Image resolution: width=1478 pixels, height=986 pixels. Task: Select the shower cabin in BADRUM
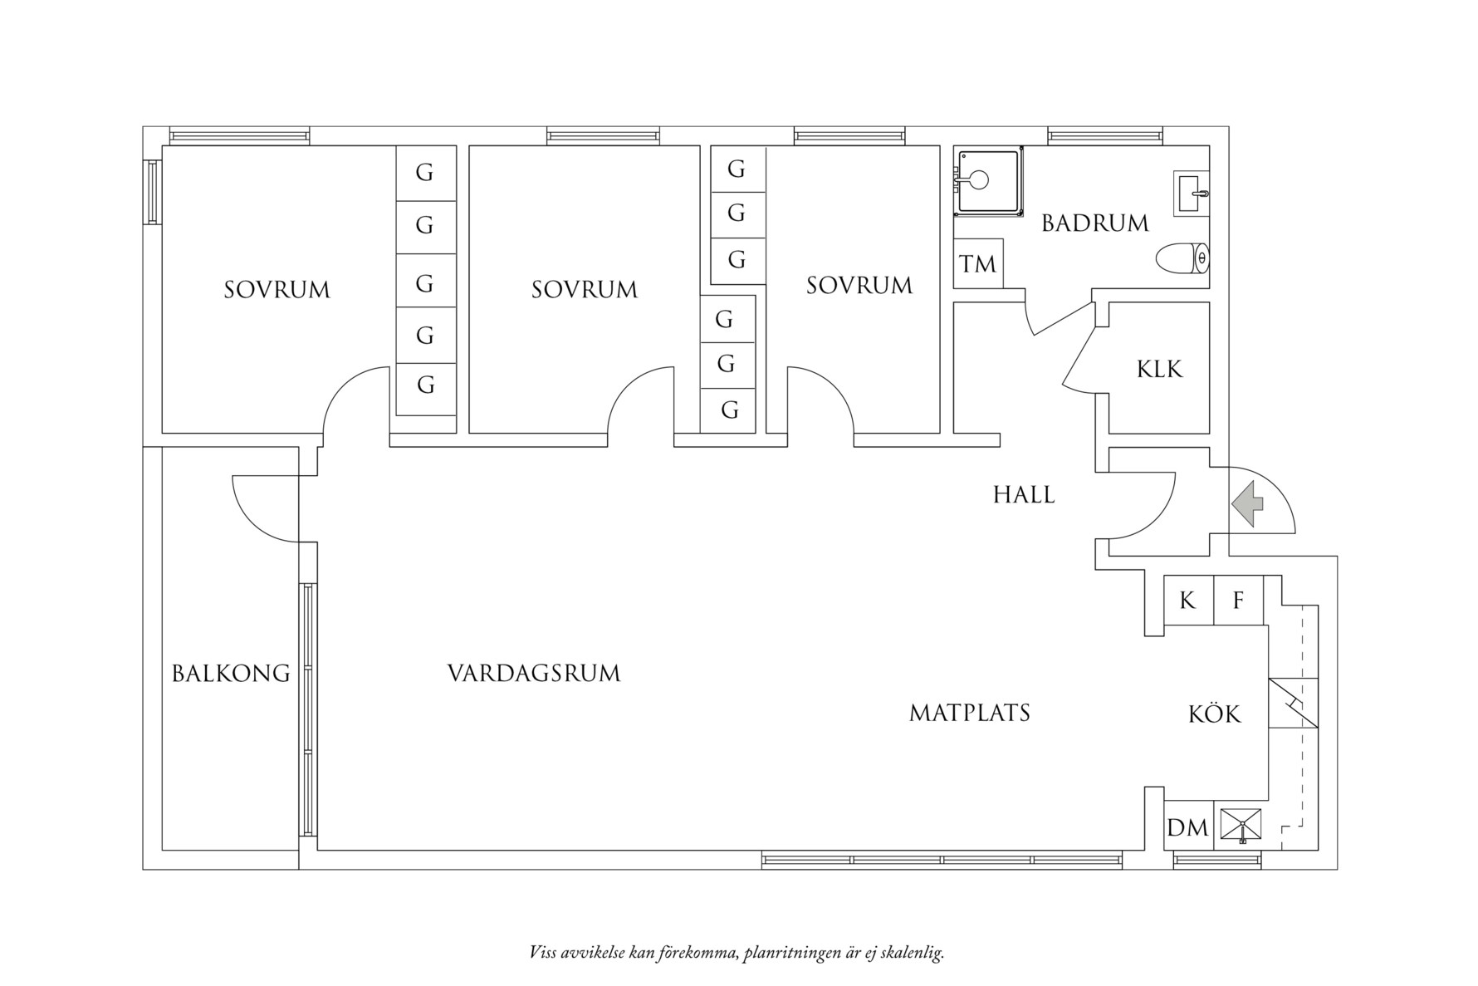pyautogui.click(x=987, y=180)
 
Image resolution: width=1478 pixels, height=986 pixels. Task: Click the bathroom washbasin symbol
pyautogui.click(x=1192, y=194)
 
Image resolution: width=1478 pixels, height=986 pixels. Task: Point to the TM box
pyautogui.click(x=977, y=264)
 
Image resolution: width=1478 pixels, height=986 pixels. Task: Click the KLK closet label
pyautogui.click(x=1159, y=369)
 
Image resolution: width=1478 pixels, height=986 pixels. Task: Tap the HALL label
pyautogui.click(x=1024, y=495)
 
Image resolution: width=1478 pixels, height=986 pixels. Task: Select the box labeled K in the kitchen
pyautogui.click(x=1187, y=600)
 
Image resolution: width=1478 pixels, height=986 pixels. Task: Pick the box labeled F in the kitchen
pyautogui.click(x=1238, y=600)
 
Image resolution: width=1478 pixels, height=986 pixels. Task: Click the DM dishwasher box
pyautogui.click(x=1187, y=828)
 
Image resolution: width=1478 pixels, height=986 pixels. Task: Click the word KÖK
pyautogui.click(x=1214, y=714)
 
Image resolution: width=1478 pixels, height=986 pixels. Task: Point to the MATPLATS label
pyautogui.click(x=969, y=713)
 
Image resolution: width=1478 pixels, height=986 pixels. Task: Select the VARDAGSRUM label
pyautogui.click(x=534, y=673)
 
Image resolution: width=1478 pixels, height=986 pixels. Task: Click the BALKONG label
pyautogui.click(x=231, y=673)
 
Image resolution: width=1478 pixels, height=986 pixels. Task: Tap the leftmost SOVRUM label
pyautogui.click(x=277, y=290)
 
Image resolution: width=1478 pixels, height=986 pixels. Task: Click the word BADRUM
pyautogui.click(x=1094, y=223)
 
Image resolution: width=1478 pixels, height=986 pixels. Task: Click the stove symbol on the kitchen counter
pyautogui.click(x=1293, y=703)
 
